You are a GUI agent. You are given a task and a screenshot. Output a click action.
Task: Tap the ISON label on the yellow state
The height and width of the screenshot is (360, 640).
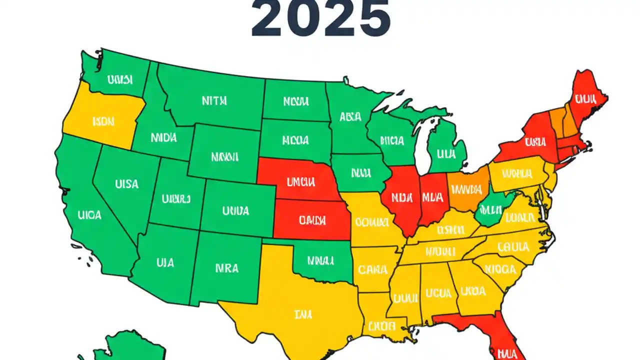(x=103, y=121)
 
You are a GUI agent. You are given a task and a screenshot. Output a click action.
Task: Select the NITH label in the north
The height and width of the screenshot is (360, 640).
(x=214, y=100)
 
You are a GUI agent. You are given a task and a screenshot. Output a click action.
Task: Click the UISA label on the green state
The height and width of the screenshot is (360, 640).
(x=126, y=184)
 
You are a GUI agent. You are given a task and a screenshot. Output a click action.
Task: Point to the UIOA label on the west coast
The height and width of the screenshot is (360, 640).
(x=90, y=215)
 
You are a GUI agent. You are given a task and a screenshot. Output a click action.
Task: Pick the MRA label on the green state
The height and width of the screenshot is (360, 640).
(x=227, y=268)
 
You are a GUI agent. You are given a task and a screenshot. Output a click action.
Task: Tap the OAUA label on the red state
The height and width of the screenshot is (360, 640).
(x=312, y=220)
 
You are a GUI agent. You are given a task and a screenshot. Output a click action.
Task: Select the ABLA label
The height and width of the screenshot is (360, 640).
(x=350, y=117)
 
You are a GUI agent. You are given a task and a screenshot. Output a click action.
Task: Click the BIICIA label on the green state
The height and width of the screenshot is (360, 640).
(x=391, y=141)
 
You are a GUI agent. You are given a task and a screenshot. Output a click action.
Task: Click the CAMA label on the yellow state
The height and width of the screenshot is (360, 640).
(x=373, y=270)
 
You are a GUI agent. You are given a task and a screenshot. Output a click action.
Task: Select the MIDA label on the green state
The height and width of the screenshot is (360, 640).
(x=163, y=137)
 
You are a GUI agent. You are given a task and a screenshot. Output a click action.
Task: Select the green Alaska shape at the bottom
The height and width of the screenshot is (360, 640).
(x=115, y=347)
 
